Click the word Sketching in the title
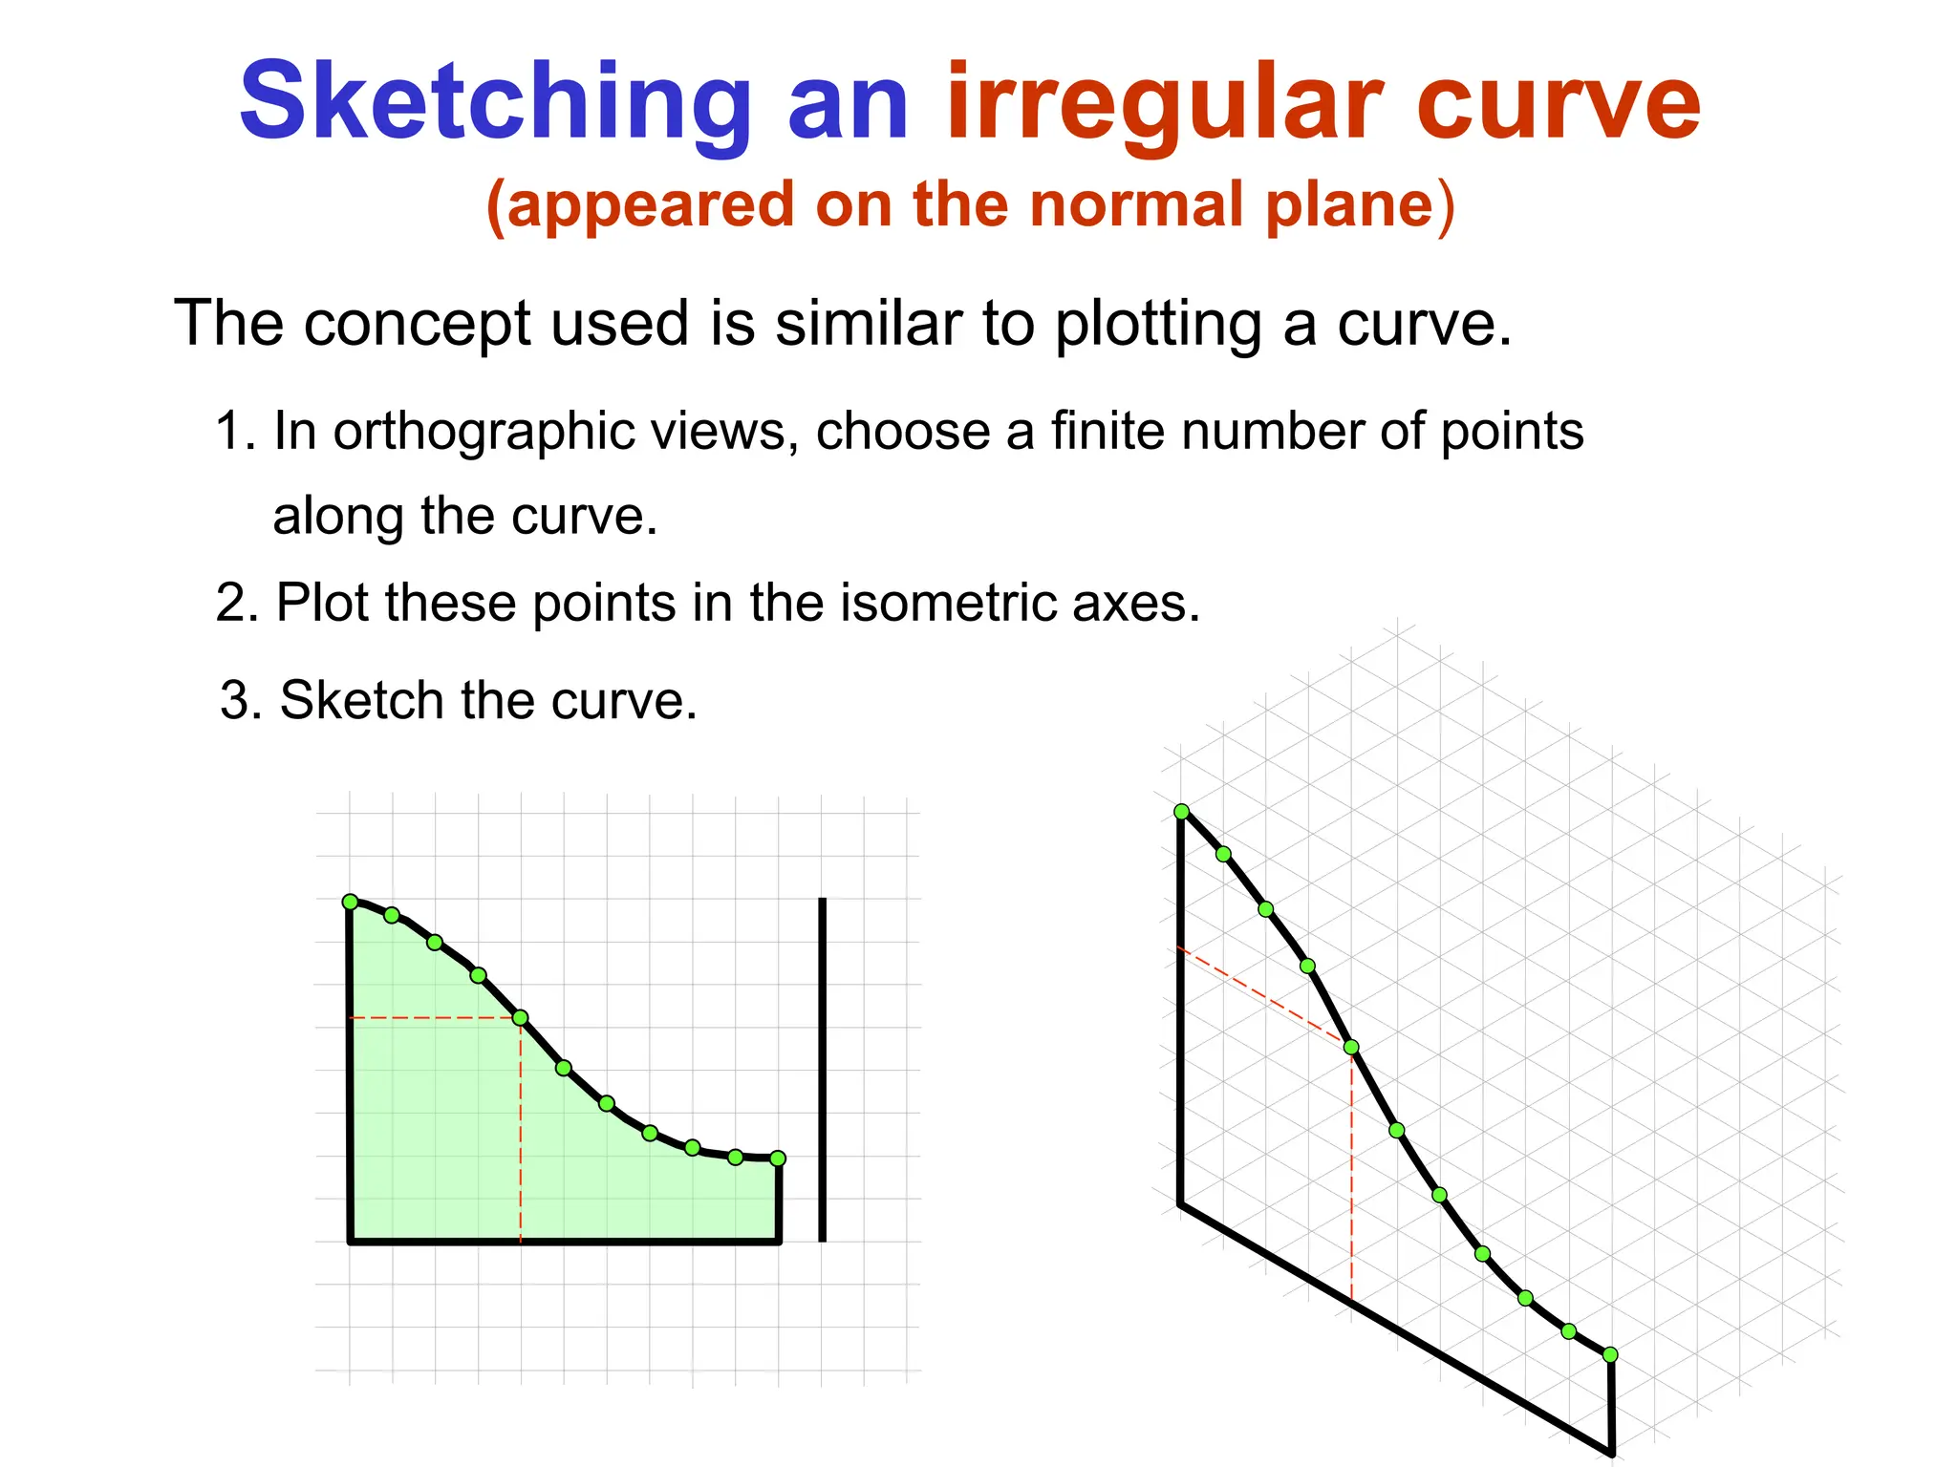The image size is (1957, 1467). [495, 102]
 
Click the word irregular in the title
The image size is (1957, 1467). [1164, 102]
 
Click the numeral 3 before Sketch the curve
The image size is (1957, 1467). [235, 701]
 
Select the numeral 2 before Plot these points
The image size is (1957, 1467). [231, 604]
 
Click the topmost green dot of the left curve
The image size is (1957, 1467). [350, 902]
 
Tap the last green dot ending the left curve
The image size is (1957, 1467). [778, 1159]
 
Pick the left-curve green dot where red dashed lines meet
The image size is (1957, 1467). [521, 1018]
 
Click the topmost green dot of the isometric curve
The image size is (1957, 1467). [1182, 812]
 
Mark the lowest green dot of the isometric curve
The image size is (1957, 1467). [1610, 1354]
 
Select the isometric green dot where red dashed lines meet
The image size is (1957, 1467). [1351, 1048]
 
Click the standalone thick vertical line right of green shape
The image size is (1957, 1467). [823, 1070]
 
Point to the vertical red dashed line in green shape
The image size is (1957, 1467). [521, 1137]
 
